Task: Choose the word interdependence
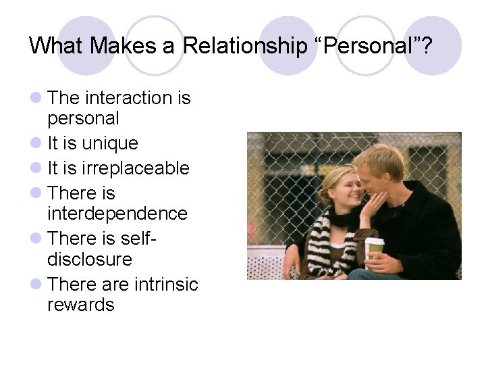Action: (117, 214)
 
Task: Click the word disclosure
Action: (89, 260)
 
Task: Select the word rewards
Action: (81, 305)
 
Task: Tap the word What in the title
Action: (58, 46)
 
